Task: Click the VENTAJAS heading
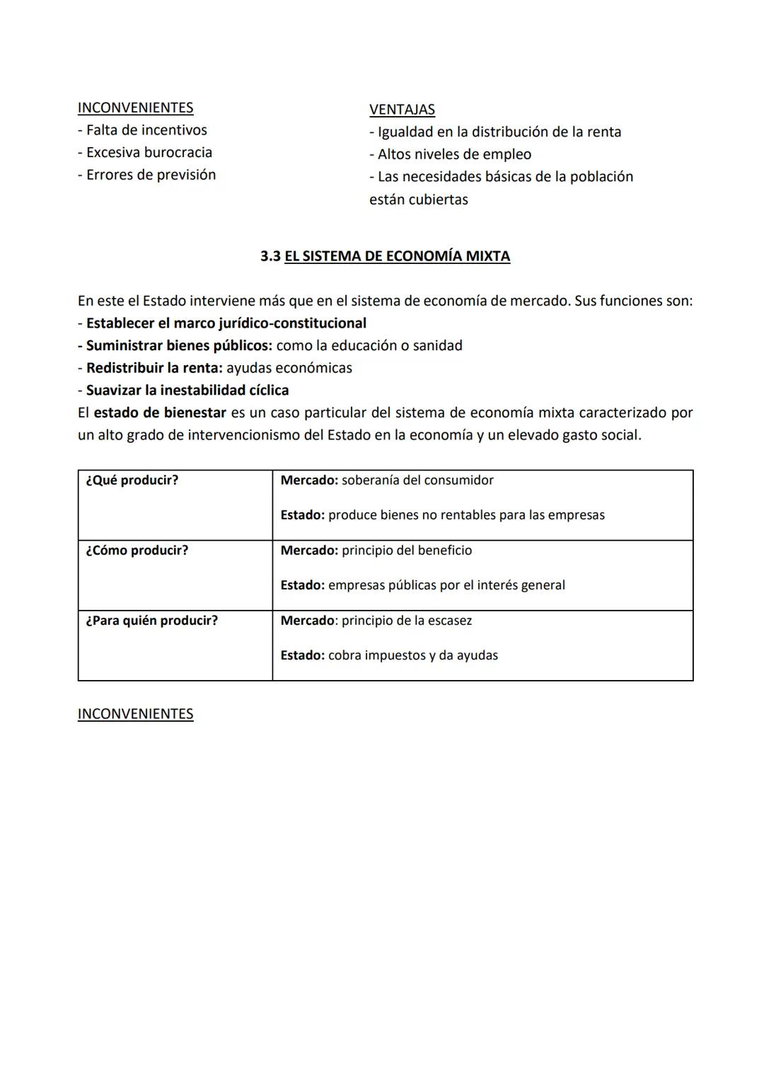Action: point(402,110)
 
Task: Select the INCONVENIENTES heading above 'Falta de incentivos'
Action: point(135,108)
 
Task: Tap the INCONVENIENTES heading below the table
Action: point(135,713)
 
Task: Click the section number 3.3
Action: point(270,256)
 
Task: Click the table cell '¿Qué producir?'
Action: point(132,480)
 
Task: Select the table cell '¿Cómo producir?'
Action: point(137,551)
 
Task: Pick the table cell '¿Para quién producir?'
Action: point(152,621)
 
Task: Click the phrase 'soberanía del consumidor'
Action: point(417,480)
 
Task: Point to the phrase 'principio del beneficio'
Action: point(407,551)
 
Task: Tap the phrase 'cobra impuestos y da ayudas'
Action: point(413,655)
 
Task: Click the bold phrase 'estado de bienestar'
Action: point(160,413)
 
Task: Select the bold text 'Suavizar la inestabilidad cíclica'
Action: point(187,390)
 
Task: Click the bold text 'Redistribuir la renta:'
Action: point(154,368)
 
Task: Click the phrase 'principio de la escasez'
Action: point(407,621)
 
